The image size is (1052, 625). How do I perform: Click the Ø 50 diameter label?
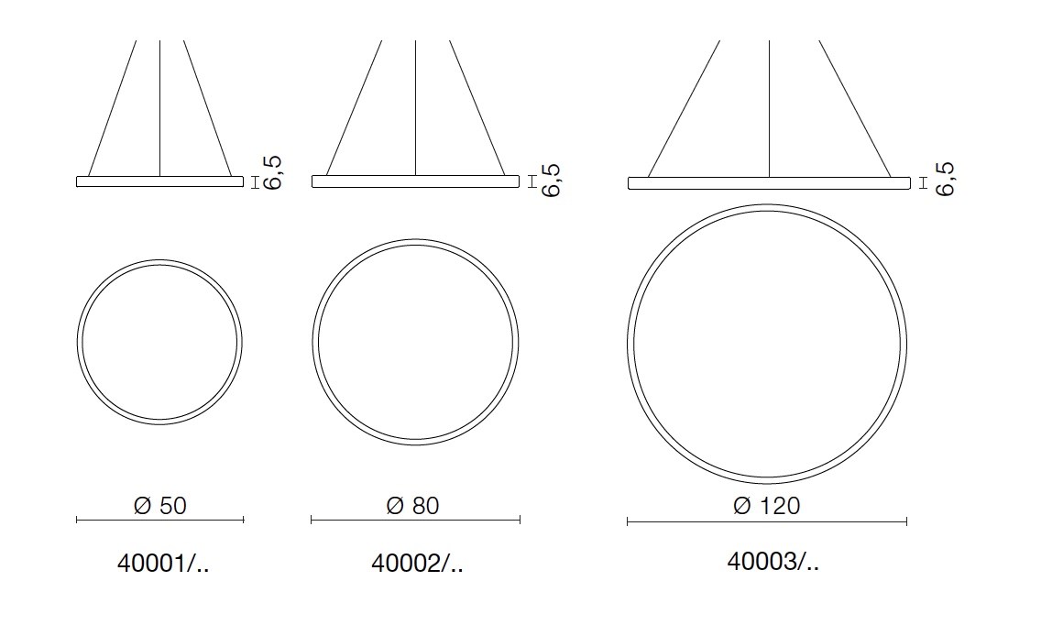click(159, 505)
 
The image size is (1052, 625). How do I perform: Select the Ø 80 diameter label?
click(412, 505)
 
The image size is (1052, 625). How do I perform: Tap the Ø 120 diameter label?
click(766, 505)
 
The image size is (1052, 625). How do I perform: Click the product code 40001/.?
click(163, 564)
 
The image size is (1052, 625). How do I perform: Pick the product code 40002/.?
click(417, 564)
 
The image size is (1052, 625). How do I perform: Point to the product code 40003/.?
click(773, 561)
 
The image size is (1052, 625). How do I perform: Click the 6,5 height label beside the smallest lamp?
click(273, 173)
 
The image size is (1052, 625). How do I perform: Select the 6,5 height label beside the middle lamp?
click(550, 180)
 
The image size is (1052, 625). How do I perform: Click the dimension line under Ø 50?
click(159, 520)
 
